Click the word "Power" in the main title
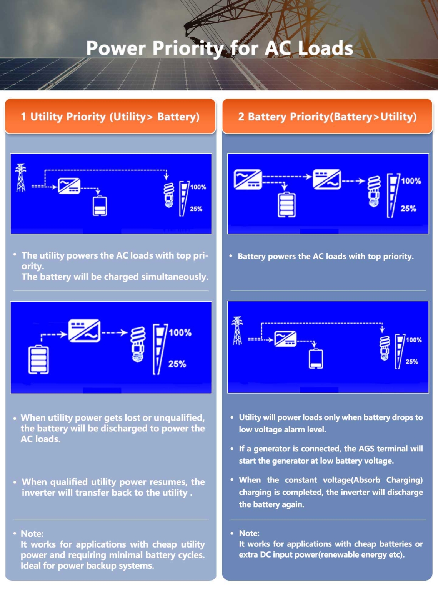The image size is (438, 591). [x=116, y=48]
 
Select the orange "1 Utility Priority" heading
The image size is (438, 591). [x=110, y=117]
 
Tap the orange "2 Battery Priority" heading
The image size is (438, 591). [x=327, y=117]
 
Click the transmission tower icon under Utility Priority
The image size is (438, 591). [x=21, y=178]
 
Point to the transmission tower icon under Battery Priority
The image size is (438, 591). [x=237, y=331]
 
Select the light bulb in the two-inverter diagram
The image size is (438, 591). [x=374, y=191]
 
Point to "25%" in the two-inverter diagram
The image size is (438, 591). [x=408, y=209]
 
